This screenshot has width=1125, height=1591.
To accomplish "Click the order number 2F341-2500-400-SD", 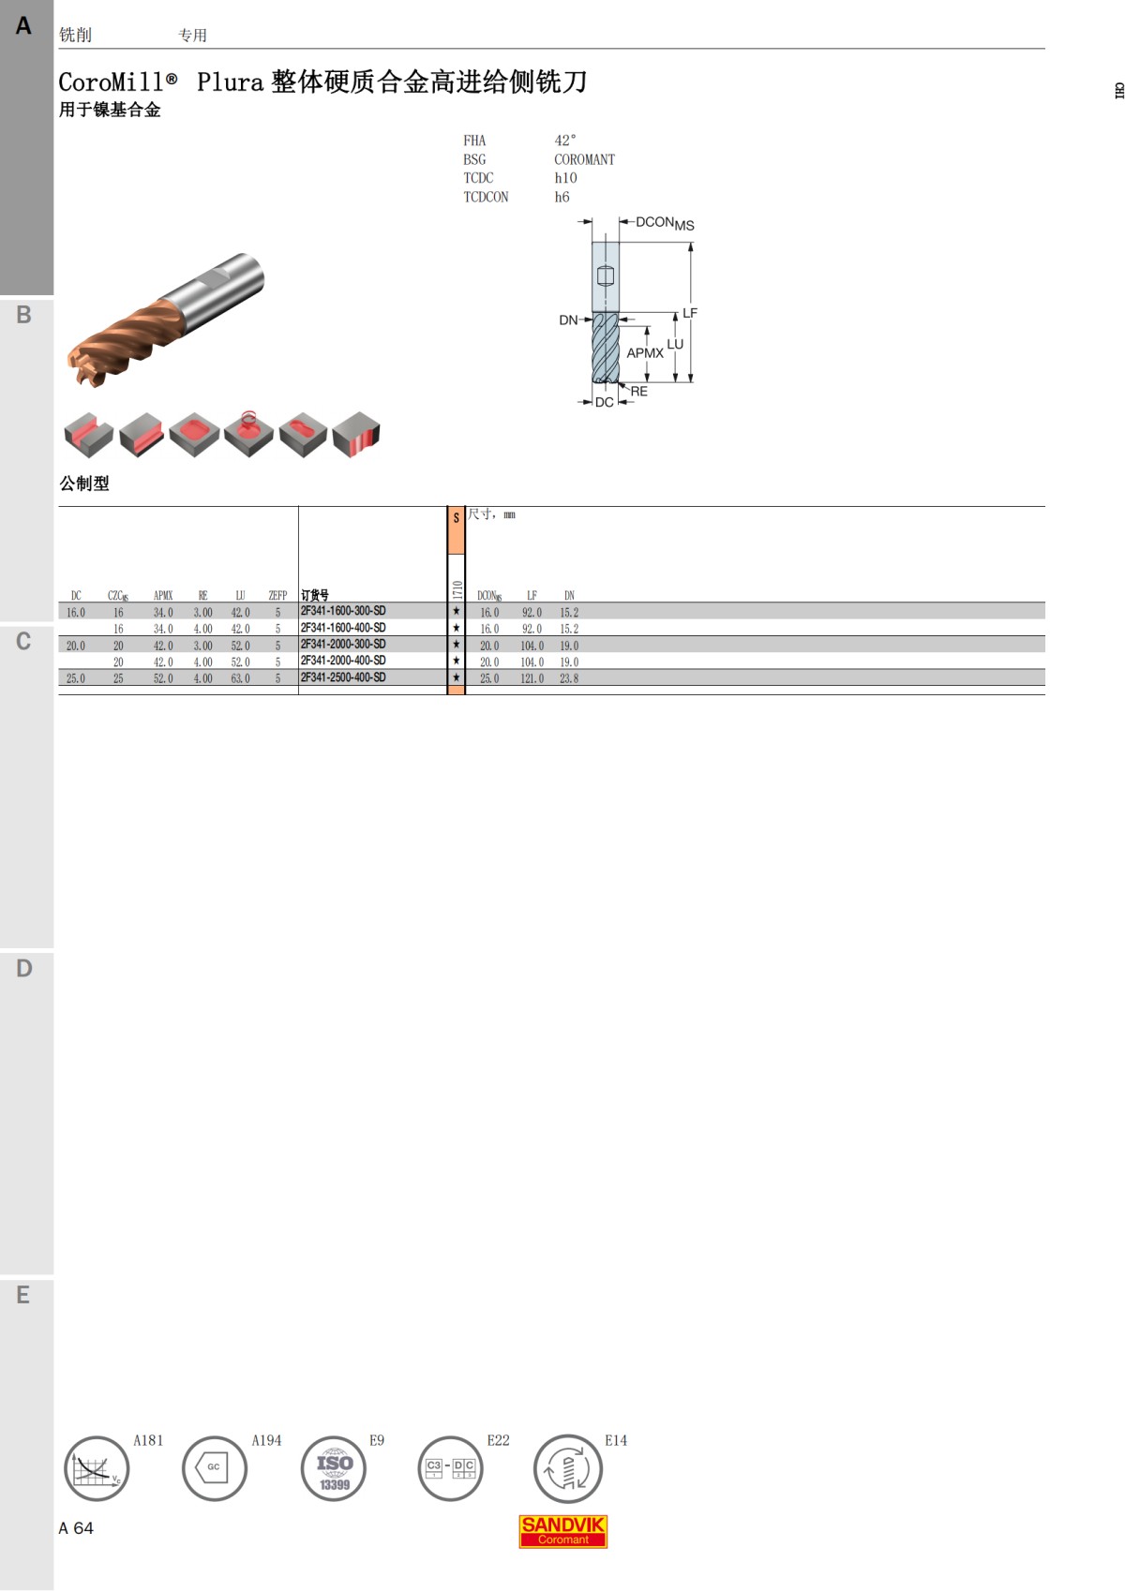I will (x=343, y=677).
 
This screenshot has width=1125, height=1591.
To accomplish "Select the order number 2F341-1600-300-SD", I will (x=343, y=611).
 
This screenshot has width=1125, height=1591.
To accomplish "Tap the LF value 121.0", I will (x=532, y=678).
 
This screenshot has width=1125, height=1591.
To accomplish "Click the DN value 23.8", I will (x=569, y=678).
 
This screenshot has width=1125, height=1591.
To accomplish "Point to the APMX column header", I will (x=163, y=595).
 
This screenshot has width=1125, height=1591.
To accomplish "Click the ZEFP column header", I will (x=277, y=595).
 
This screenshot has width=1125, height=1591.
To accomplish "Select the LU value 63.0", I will (x=240, y=678).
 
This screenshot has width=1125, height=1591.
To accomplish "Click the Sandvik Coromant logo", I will (x=563, y=1531).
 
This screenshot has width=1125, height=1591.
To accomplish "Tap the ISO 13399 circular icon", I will (x=334, y=1469).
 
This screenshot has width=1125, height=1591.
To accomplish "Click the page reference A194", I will (x=266, y=1440).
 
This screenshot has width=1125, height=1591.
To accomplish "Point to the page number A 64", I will (x=76, y=1528).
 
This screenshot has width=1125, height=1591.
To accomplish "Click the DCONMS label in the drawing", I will (x=664, y=223).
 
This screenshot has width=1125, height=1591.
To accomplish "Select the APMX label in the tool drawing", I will (x=645, y=353).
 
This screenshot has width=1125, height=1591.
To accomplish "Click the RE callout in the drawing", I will (x=638, y=392).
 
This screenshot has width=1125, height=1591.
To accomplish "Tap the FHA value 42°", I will (x=565, y=141).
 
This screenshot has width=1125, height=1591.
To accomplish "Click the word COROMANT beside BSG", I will (x=584, y=159).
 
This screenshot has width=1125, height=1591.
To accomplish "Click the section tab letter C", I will (x=23, y=642).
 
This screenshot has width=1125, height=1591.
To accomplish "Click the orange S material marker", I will (x=456, y=518).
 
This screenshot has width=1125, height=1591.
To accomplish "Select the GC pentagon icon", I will (x=214, y=1467).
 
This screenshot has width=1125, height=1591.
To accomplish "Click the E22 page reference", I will (x=498, y=1440).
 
